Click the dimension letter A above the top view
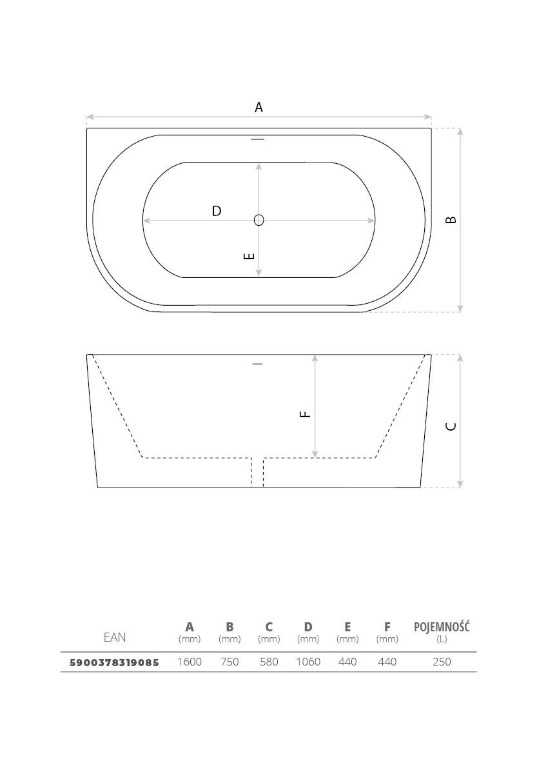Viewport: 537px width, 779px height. [259, 107]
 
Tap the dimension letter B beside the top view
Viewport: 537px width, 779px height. [451, 219]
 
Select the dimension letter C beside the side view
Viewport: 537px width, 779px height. [451, 426]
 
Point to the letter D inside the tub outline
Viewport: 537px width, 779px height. [217, 211]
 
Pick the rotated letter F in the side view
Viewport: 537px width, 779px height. [305, 414]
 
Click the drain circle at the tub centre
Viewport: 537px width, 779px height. [259, 220]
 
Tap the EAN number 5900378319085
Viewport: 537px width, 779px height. [114, 662]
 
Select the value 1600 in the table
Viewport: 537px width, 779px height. [190, 662]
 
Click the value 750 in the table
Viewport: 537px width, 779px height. [229, 662]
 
